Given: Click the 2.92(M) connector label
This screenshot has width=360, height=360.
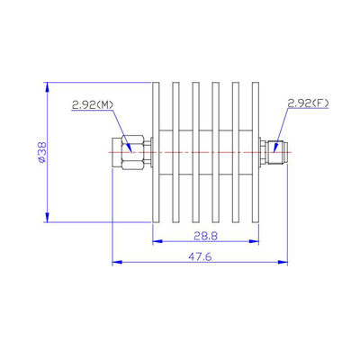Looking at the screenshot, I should click(x=92, y=104).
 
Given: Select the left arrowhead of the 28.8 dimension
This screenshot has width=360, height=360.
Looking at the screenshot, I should click(x=156, y=241).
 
